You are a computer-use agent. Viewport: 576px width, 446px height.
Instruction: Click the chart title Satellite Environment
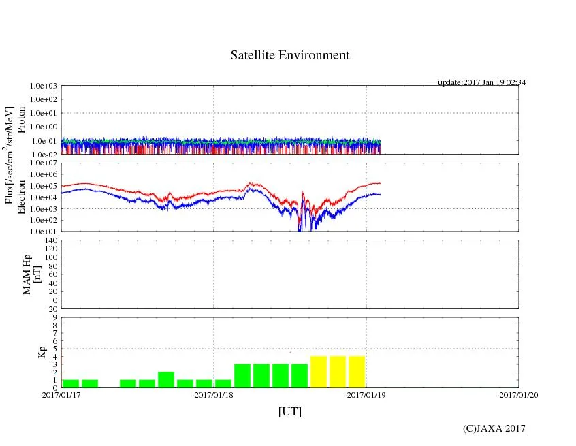coord(289,55)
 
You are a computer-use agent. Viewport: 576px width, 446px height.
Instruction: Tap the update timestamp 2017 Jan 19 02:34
coord(481,82)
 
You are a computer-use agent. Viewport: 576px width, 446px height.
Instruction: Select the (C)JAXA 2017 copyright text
coord(494,428)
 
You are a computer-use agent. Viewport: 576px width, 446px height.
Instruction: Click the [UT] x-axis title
coord(289,411)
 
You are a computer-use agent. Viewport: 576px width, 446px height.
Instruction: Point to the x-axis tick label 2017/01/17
coord(62,394)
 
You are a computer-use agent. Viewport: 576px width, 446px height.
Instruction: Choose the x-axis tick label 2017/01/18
coord(214,394)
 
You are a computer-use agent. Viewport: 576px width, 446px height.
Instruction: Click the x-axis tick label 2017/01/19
coord(366,394)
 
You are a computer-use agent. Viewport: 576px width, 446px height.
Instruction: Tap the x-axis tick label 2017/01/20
coord(518,394)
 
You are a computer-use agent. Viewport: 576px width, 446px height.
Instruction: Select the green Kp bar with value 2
coord(166,380)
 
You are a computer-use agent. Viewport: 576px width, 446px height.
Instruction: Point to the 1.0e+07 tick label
coord(45,163)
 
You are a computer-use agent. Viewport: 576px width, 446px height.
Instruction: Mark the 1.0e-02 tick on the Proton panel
coord(45,155)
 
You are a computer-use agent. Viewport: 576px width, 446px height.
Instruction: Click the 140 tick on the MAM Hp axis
coord(50,241)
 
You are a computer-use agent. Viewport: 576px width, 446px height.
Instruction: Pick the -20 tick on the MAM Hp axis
coord(50,308)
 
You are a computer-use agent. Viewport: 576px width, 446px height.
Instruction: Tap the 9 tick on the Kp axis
coord(54,317)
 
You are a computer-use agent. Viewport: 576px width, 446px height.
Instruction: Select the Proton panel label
coord(21,120)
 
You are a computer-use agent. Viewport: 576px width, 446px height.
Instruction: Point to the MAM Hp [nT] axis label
coord(31,274)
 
